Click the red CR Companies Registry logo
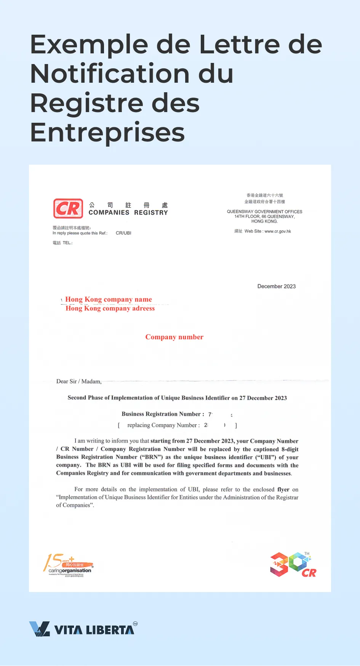tap(68, 209)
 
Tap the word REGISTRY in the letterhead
tap(151, 213)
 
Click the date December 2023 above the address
tap(276, 286)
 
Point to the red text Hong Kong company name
tap(109, 299)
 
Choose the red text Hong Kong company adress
tap(110, 308)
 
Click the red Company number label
tap(174, 337)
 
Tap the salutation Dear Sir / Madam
tap(79, 381)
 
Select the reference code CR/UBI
tap(123, 233)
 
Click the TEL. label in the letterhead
tap(67, 243)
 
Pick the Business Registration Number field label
tap(163, 414)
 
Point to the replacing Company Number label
tap(163, 425)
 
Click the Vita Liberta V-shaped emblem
tap(40, 629)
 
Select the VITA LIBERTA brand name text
tap(94, 630)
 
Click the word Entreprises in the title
tap(107, 132)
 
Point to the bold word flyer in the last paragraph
tap(283, 489)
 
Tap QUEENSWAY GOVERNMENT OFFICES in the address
tap(264, 212)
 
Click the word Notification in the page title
tap(110, 74)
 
